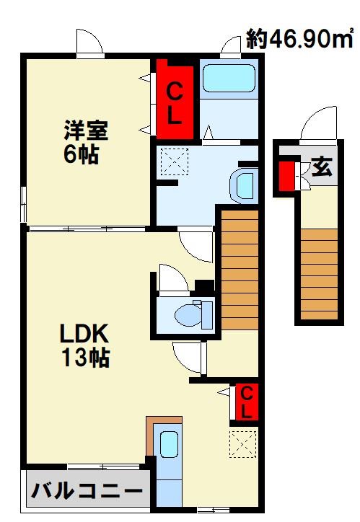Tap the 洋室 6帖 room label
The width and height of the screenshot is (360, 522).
pos(85,142)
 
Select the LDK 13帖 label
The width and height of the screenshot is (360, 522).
pos(85,345)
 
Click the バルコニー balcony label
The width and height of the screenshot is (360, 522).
pos(87,490)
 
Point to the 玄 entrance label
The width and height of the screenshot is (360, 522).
pos(322,166)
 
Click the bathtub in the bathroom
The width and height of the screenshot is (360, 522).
pos(229,79)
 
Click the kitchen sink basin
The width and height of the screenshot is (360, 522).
pos(169,444)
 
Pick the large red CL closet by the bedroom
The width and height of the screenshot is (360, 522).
pos(175,99)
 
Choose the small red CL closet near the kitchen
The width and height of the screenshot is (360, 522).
pos(247,401)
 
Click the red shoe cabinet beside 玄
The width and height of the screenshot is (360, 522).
pos(286,176)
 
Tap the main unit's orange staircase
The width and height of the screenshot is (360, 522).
pos(240,270)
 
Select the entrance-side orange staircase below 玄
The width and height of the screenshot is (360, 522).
pos(320,274)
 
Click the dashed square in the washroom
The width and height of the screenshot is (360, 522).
pos(175,162)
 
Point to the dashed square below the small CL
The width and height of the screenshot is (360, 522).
pos(243,444)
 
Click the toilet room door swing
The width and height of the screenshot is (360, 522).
pos(173,278)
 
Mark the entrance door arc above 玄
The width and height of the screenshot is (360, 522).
pos(318,123)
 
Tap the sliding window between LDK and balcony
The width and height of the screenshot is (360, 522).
pos(103,466)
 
